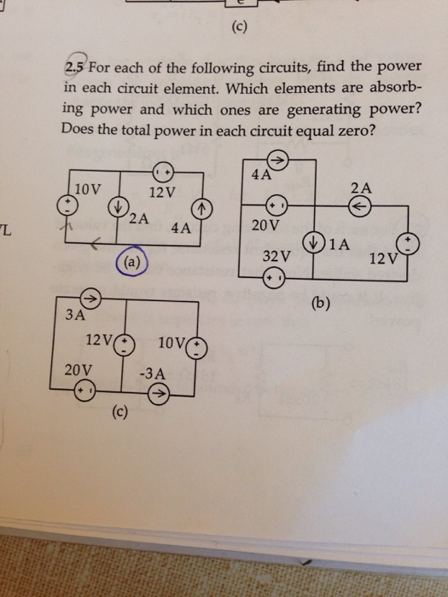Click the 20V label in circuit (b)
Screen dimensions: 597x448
(267, 226)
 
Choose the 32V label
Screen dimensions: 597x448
(276, 255)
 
